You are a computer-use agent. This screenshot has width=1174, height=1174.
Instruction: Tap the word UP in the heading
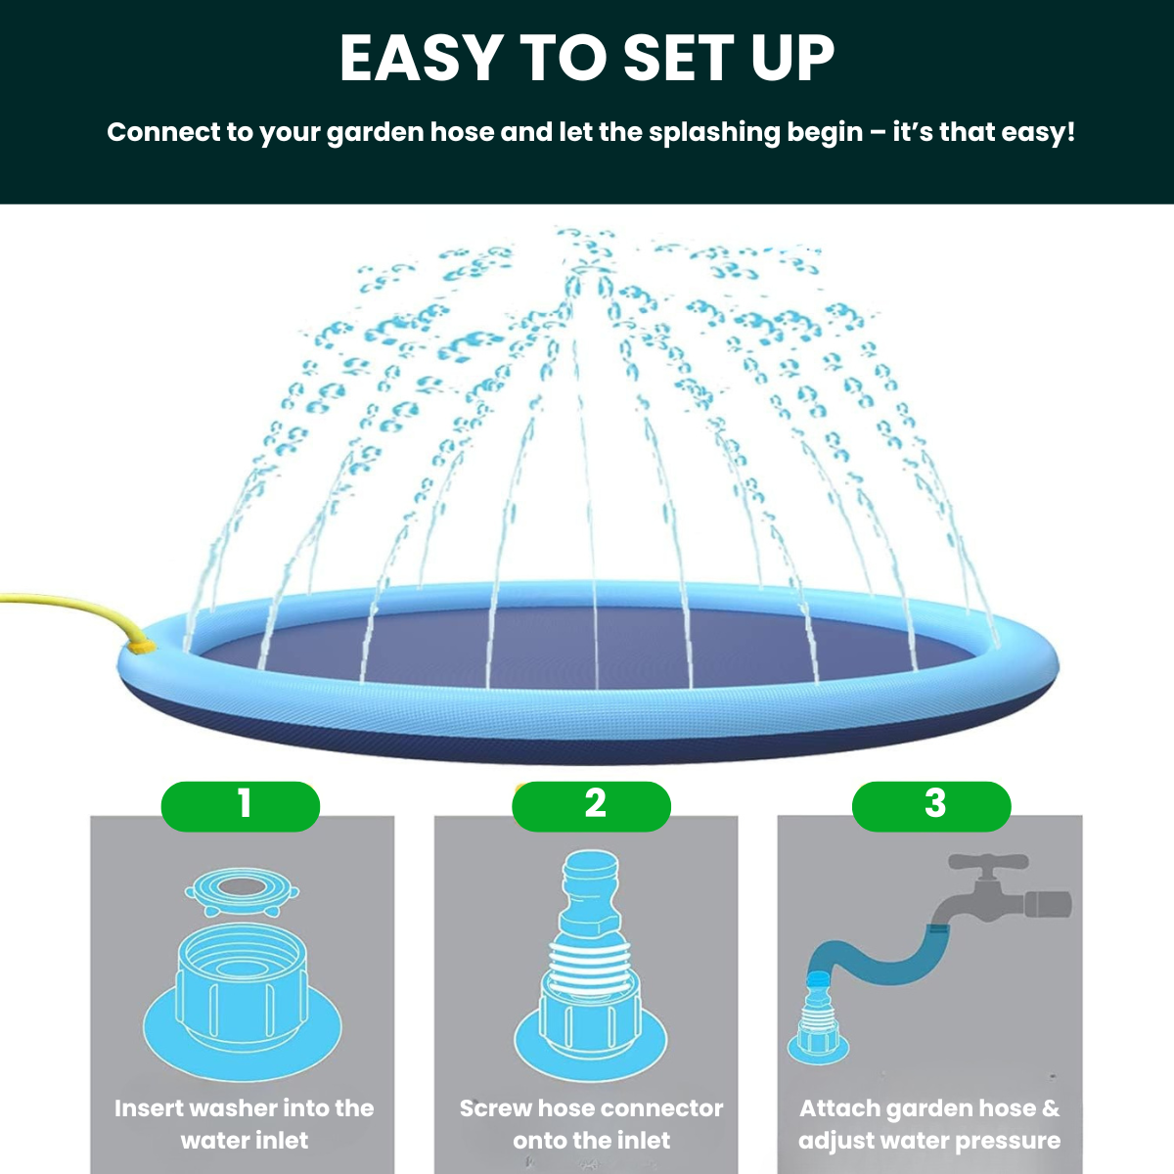792,59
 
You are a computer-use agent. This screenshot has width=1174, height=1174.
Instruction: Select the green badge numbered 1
241,806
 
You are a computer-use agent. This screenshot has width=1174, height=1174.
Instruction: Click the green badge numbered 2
592,806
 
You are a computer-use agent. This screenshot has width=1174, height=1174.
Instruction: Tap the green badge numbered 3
931,806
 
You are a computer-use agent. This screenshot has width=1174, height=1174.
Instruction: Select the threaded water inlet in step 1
243,988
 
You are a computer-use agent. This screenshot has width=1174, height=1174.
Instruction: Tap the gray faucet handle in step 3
988,866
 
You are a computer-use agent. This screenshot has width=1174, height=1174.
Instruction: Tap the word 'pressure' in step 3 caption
1008,1141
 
